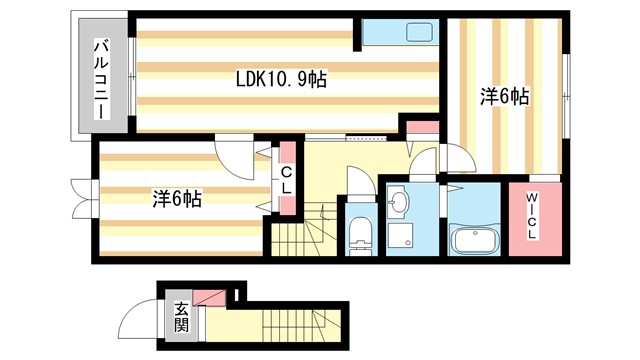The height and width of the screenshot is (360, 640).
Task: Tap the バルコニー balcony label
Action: [101, 77]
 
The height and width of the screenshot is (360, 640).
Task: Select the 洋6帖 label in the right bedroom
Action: [504, 97]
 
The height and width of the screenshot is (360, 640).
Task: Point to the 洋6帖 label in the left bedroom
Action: [178, 198]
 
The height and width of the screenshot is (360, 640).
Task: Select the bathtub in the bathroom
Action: [474, 241]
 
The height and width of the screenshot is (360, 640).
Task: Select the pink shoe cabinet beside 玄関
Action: [209, 298]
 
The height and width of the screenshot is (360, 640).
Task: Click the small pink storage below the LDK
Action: [421, 127]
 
